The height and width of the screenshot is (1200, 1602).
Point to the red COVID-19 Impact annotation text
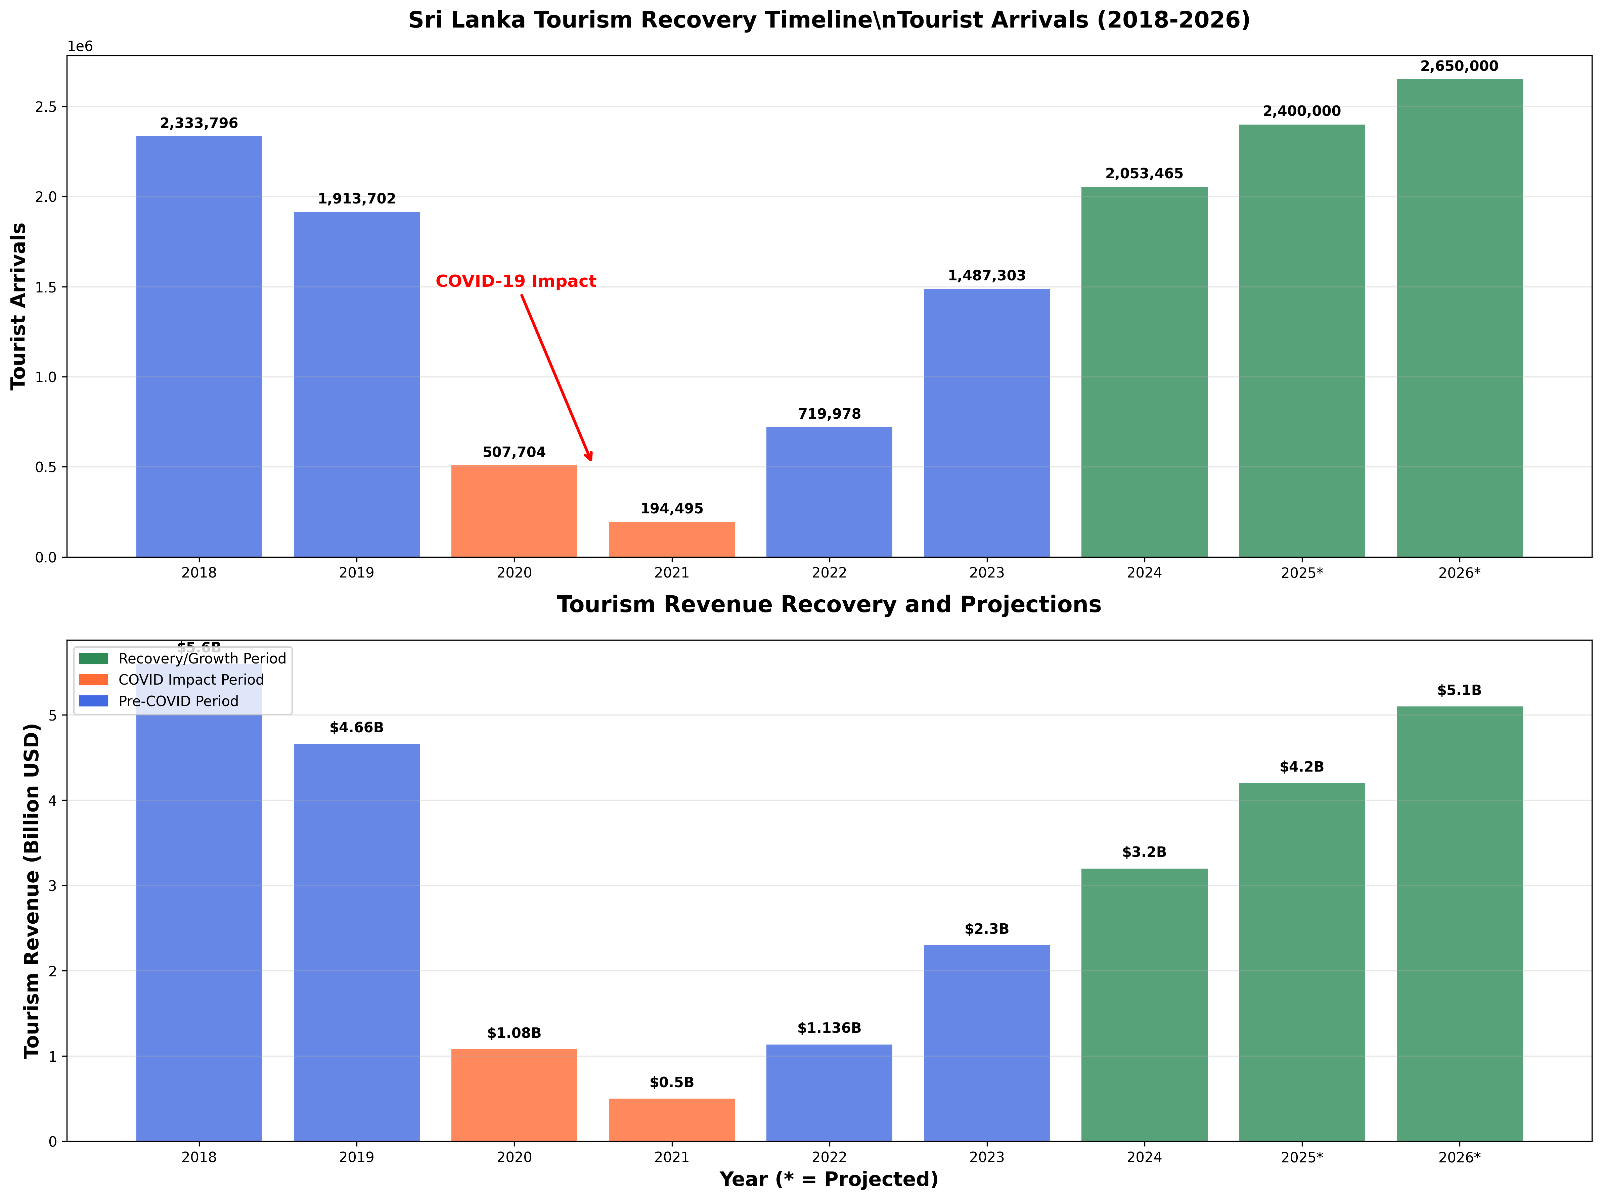(516, 281)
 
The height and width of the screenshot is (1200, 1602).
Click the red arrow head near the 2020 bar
(589, 456)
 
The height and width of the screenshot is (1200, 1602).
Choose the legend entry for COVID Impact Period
(190, 679)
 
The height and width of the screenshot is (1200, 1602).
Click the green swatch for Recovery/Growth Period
(93, 658)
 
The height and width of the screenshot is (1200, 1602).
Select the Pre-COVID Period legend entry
(178, 701)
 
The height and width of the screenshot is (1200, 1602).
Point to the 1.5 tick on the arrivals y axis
(46, 287)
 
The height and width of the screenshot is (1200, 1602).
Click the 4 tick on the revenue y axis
(52, 800)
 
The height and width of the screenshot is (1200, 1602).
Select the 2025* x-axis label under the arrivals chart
(1301, 573)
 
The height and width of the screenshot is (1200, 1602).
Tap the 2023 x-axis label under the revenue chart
(986, 1157)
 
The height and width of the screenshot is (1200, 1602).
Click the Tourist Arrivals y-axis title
(19, 306)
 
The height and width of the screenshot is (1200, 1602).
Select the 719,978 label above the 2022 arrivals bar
(829, 414)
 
